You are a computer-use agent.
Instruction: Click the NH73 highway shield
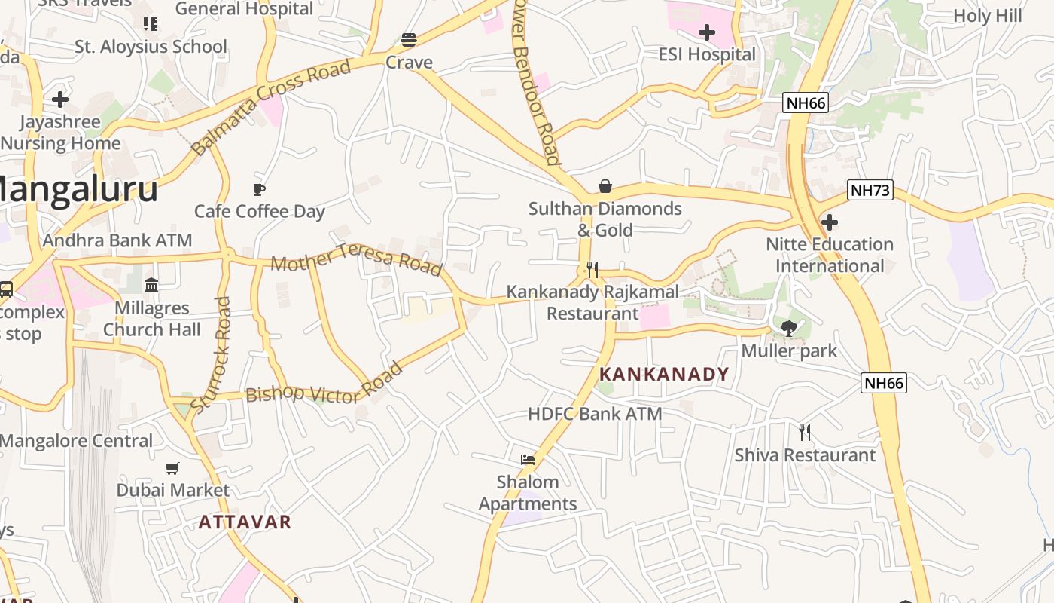870,190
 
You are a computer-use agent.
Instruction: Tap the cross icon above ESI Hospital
706,32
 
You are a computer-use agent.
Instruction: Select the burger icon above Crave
409,39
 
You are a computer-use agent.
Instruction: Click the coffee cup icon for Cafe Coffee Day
259,189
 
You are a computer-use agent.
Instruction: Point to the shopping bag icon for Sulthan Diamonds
605,186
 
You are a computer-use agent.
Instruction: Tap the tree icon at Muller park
788,328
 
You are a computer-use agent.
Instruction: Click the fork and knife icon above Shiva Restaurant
805,432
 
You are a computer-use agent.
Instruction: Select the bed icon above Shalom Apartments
528,459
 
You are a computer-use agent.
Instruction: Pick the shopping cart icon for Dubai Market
172,468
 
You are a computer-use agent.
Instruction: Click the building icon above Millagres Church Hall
151,285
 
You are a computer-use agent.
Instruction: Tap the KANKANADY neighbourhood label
664,374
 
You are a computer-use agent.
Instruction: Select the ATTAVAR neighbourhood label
245,522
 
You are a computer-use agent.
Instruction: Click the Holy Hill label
987,15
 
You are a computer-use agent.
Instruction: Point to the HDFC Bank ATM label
595,413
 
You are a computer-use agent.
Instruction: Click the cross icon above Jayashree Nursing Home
59,99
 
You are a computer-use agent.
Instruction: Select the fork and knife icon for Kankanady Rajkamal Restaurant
592,270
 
